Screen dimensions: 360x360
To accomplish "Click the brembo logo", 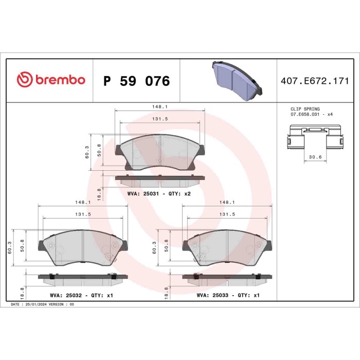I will [50, 81].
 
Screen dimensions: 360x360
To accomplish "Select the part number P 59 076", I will [136, 81].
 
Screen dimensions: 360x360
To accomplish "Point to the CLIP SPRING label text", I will [305, 109].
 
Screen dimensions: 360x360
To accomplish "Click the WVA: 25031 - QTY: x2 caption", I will [159, 194].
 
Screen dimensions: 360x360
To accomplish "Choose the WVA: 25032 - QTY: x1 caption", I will [82, 295].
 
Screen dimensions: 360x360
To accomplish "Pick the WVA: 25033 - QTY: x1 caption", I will [228, 295].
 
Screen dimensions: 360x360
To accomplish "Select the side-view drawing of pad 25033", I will [228, 278].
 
